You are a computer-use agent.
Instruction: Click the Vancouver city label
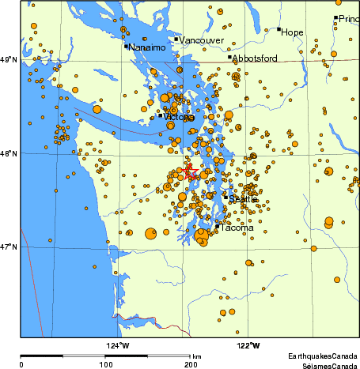pos(202,40)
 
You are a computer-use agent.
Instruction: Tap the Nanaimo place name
pos(148,48)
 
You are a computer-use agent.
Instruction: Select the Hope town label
pos(293,32)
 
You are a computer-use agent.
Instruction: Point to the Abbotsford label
pos(255,58)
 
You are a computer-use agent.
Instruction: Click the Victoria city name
pos(179,118)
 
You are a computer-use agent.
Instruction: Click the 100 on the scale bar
pos(104,364)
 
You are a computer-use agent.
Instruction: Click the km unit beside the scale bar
pos(196,357)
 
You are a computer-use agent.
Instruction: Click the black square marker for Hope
pos(279,29)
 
